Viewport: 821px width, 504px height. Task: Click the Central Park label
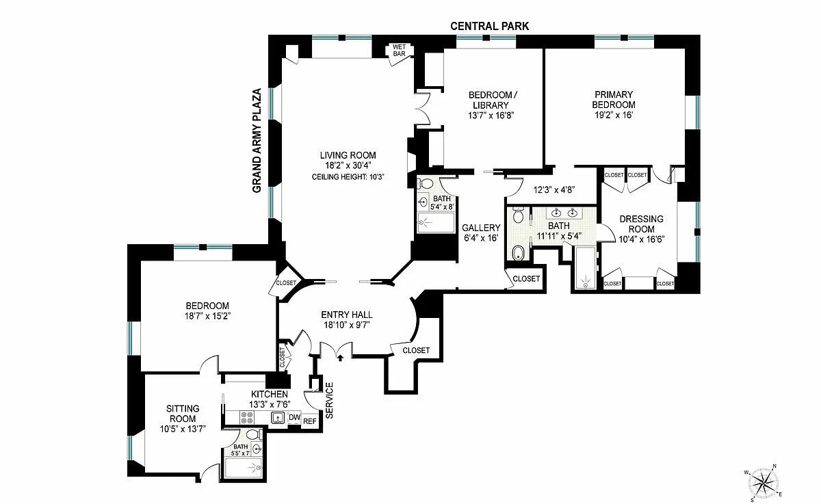[489, 26]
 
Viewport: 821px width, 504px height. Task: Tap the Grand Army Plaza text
[257, 141]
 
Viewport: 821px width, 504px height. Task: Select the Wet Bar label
[399, 50]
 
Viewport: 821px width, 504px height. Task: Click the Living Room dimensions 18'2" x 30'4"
[348, 165]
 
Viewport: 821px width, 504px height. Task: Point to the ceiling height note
[348, 177]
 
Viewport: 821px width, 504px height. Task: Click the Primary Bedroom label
[614, 99]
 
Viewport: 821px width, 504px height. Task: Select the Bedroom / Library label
[493, 100]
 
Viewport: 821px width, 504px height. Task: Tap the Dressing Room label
[642, 224]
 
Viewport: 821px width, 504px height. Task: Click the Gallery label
[481, 228]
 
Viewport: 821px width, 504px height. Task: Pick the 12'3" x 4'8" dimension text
[553, 190]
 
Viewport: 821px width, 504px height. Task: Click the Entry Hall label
[347, 315]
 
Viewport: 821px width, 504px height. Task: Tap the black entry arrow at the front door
[341, 358]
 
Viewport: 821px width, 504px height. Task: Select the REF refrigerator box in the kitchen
[310, 421]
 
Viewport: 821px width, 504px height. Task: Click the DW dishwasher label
[294, 418]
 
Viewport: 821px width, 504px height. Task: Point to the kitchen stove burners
[247, 418]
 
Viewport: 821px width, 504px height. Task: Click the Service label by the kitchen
[330, 400]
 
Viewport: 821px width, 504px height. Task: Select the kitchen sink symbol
[278, 418]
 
